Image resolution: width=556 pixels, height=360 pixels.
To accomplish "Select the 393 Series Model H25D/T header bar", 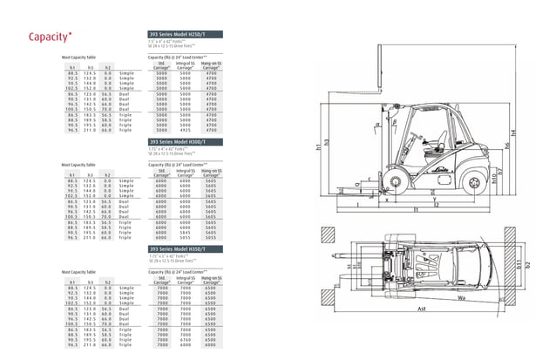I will click(x=186, y=35).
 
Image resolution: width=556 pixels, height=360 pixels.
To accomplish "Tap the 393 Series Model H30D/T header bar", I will click(x=186, y=140).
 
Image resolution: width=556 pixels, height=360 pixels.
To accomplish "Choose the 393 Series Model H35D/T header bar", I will click(x=186, y=249).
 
